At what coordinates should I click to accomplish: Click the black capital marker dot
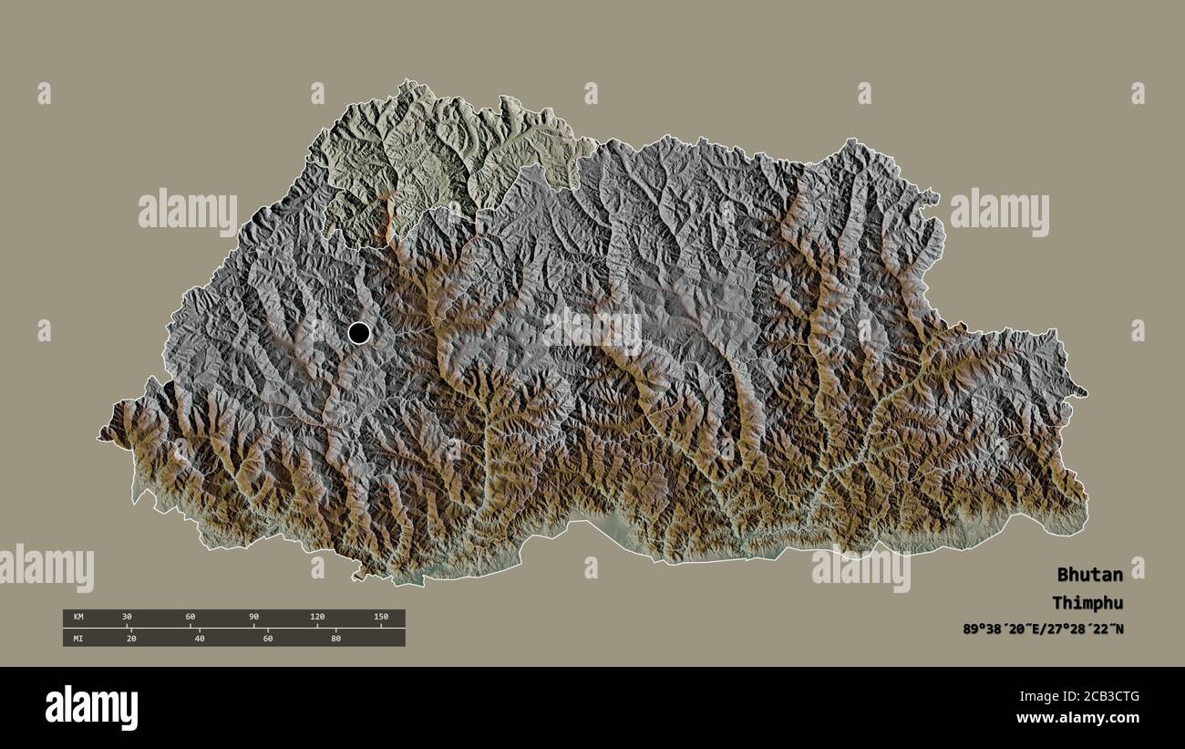pyautogui.click(x=359, y=333)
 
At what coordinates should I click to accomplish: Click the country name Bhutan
pyautogui.click(x=1089, y=575)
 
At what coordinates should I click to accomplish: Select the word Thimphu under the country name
pyautogui.click(x=1087, y=603)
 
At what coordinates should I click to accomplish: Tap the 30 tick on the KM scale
pyautogui.click(x=127, y=618)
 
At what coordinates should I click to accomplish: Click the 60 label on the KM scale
pyautogui.click(x=191, y=618)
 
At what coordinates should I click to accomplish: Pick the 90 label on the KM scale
pyautogui.click(x=253, y=618)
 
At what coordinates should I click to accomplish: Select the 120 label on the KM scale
pyautogui.click(x=316, y=618)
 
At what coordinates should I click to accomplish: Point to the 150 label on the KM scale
pyautogui.click(x=380, y=618)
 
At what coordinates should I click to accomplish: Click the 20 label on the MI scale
pyautogui.click(x=131, y=639)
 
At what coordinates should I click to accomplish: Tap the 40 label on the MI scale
pyautogui.click(x=200, y=639)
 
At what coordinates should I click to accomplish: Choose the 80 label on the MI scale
pyautogui.click(x=335, y=639)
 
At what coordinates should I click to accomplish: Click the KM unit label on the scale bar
pyautogui.click(x=78, y=618)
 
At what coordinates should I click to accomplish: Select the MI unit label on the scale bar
pyautogui.click(x=78, y=639)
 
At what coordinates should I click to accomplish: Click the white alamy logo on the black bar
pyautogui.click(x=92, y=708)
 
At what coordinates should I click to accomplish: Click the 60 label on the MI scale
pyautogui.click(x=268, y=639)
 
